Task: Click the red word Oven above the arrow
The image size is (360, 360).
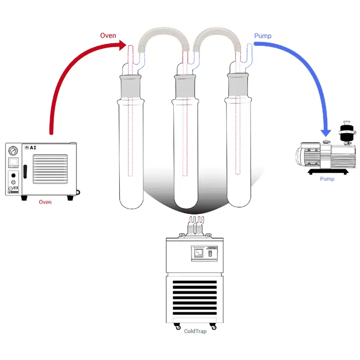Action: pyautogui.click(x=108, y=35)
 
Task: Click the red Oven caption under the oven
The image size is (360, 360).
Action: pyautogui.click(x=45, y=201)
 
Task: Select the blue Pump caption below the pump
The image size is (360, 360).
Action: pyautogui.click(x=327, y=179)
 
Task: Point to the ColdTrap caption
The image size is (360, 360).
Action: pyautogui.click(x=195, y=331)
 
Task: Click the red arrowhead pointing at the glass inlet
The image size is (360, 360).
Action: pyautogui.click(x=122, y=46)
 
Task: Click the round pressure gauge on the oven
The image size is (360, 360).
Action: pyautogui.click(x=14, y=149)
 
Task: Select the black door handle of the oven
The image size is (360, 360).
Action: pyautogui.click(x=25, y=172)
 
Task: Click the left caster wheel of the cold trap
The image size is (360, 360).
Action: pyautogui.click(x=177, y=326)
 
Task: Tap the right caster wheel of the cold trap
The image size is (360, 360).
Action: pyautogui.click(x=213, y=326)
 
